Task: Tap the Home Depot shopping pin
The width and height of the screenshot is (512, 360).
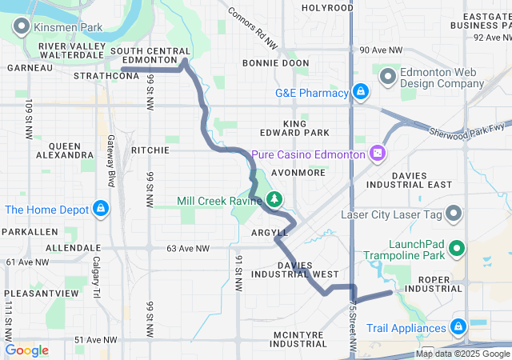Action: pos(100,210)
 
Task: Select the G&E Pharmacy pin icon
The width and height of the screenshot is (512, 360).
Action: pos(361,93)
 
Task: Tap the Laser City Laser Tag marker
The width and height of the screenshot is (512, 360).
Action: pos(454,214)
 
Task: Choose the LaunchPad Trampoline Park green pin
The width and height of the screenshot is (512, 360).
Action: pos(458,249)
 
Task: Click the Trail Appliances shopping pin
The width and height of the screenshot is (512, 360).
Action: pos(458,327)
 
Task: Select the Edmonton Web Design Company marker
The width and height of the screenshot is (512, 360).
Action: pos(389,77)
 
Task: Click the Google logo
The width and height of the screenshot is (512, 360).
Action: pos(27,350)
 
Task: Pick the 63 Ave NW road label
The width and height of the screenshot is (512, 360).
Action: pos(189,249)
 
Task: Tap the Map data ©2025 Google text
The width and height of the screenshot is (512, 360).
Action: pos(462,354)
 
